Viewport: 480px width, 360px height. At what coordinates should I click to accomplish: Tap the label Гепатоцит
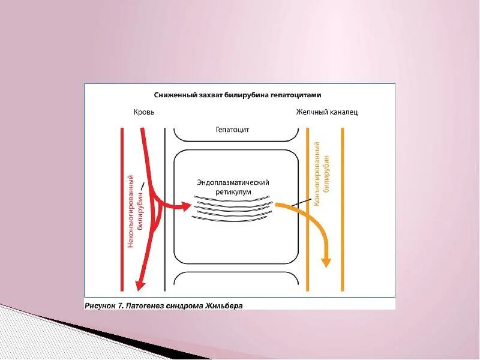coord(232,129)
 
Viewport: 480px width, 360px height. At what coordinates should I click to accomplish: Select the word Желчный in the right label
coord(311,112)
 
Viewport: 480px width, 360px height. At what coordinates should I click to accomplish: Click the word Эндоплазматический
coord(233,182)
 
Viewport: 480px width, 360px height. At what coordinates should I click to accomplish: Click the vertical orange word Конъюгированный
coord(317,174)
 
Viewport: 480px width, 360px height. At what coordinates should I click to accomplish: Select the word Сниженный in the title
coord(173,95)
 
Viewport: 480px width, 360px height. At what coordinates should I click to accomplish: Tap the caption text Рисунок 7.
coord(103,305)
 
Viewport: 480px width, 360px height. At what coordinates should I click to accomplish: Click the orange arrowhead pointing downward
coord(326,262)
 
